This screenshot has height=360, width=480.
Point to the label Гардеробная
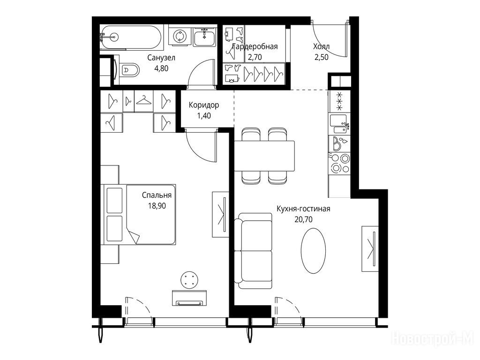point(255,46)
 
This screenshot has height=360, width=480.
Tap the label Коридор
point(204,105)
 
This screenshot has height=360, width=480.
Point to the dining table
point(264,156)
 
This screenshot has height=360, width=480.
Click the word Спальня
point(157,195)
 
